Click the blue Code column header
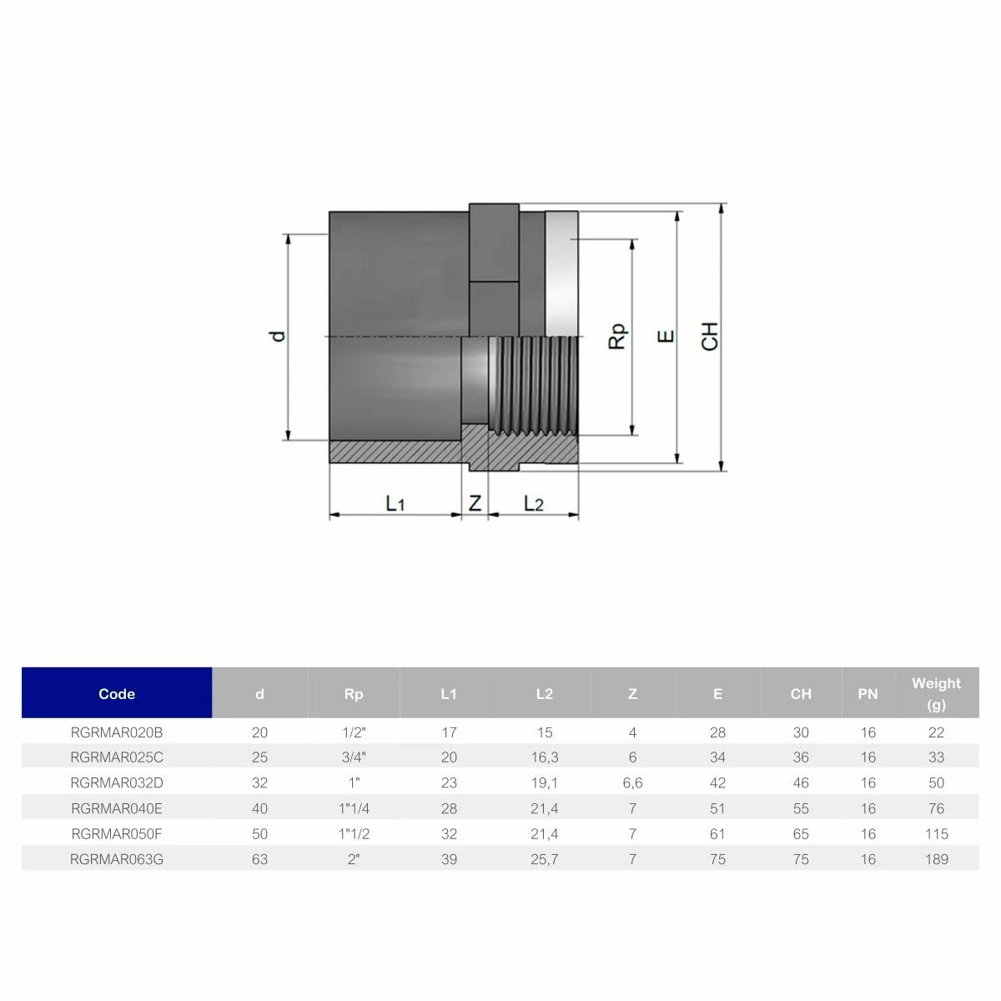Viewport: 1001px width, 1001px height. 117,693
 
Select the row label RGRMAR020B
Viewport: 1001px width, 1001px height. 117,732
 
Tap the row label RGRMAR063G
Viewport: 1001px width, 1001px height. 117,858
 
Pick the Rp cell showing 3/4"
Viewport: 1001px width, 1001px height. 354,757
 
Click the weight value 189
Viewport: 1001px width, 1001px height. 936,858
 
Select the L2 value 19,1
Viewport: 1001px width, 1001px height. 544,782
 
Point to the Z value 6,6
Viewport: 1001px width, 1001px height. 632,782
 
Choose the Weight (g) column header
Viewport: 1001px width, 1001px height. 936,693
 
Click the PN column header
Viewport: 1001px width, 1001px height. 868,693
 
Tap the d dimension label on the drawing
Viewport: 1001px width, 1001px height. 279,336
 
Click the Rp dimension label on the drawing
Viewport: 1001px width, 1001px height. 617,336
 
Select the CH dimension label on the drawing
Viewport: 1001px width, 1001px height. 710,336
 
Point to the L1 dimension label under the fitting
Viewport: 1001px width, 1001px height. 395,503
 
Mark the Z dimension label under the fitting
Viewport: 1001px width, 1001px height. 475,503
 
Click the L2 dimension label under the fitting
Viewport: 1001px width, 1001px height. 533,503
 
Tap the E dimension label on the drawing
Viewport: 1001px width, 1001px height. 666,336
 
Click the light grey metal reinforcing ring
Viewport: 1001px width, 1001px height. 561,271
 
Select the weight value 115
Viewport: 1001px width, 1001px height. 936,833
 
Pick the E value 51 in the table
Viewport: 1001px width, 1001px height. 717,808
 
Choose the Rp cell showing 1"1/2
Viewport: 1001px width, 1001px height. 354,833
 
